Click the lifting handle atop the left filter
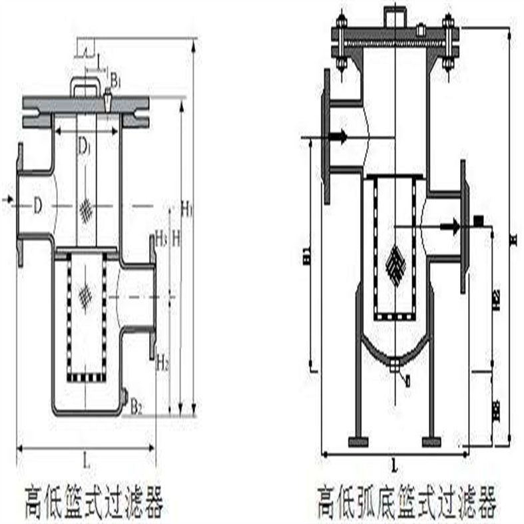[x=87, y=85]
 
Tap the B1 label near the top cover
[x=115, y=81]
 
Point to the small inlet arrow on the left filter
[x=7, y=199]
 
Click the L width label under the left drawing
[x=87, y=460]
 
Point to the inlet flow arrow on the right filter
[x=338, y=137]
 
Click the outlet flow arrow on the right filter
[x=453, y=226]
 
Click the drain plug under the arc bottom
[x=395, y=365]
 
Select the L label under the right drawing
[x=394, y=467]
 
